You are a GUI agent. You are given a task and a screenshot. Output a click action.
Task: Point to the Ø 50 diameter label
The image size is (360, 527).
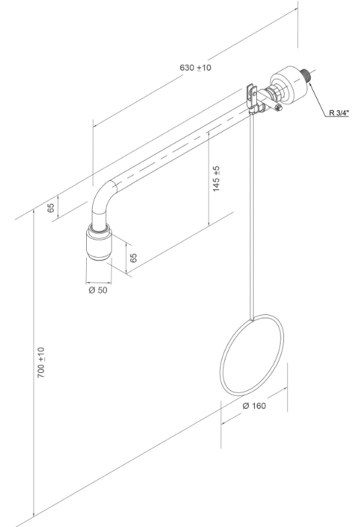pos(99,290)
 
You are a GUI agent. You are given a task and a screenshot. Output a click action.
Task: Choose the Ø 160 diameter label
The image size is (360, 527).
pos(254,406)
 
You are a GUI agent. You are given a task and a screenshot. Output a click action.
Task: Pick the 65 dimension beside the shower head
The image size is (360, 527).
pos(134,256)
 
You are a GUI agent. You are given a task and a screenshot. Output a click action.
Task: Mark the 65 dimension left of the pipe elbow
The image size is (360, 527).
pos(50,207)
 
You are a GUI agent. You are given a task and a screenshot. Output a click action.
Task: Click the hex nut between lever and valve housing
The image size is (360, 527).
pos(275,96)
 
